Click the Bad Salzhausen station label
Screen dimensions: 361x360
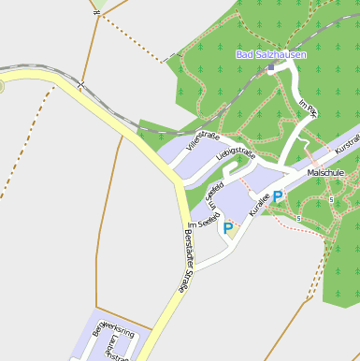coord(270,55)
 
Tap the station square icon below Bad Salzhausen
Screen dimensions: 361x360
coord(271,68)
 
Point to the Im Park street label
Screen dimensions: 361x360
coord(308,108)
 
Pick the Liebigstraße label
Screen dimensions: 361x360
coord(235,151)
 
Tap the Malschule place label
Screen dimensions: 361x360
coord(326,173)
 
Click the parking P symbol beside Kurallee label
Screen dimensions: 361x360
coord(278,197)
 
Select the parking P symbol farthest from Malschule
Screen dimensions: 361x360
coord(227,227)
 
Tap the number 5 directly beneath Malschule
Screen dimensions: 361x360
coord(331,199)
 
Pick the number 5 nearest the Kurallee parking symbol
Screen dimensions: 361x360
coord(297,218)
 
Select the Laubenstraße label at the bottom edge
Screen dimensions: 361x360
coord(117,354)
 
